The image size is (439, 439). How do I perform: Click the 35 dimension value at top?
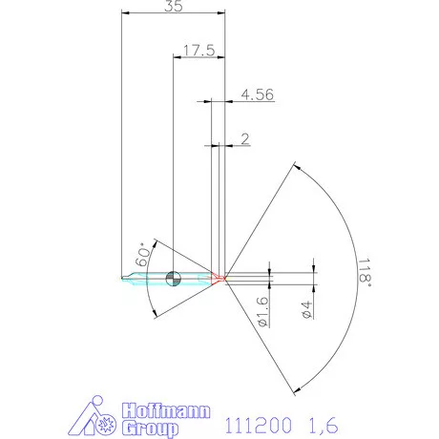click(x=173, y=6)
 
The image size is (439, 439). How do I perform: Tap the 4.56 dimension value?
click(x=258, y=94)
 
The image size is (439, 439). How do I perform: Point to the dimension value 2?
click(x=245, y=138)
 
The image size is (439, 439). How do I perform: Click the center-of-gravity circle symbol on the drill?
click(x=173, y=279)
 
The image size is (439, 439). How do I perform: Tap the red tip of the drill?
click(x=218, y=279)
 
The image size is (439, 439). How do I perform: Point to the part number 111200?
click(x=249, y=421)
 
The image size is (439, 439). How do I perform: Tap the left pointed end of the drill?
click(x=124, y=279)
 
